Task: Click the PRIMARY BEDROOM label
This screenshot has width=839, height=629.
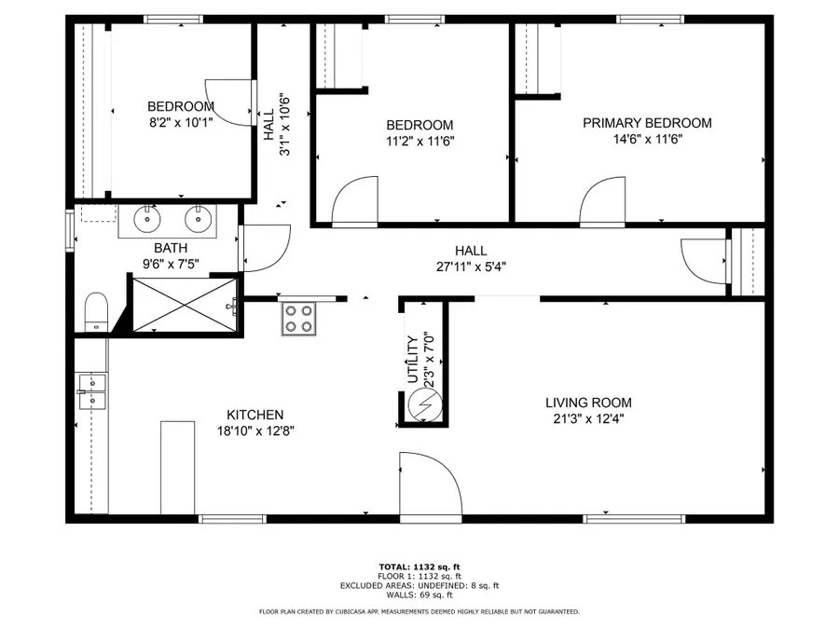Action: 647,123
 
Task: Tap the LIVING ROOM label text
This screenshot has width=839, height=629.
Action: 588,403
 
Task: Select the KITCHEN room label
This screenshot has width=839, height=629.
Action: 255,415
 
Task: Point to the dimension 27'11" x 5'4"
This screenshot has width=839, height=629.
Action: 471,266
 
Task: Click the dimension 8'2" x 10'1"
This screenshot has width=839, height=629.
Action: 181,121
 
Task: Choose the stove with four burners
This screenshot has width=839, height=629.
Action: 299,319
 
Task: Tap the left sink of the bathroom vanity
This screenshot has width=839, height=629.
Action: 147,220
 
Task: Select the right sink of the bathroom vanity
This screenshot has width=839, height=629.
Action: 197,220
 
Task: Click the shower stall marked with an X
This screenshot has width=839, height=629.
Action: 183,304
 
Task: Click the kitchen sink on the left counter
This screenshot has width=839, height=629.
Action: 92,391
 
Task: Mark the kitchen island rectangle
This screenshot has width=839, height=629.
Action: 177,466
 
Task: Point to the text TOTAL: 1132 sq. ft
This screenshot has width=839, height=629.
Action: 419,567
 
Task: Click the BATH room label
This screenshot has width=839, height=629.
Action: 171,248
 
